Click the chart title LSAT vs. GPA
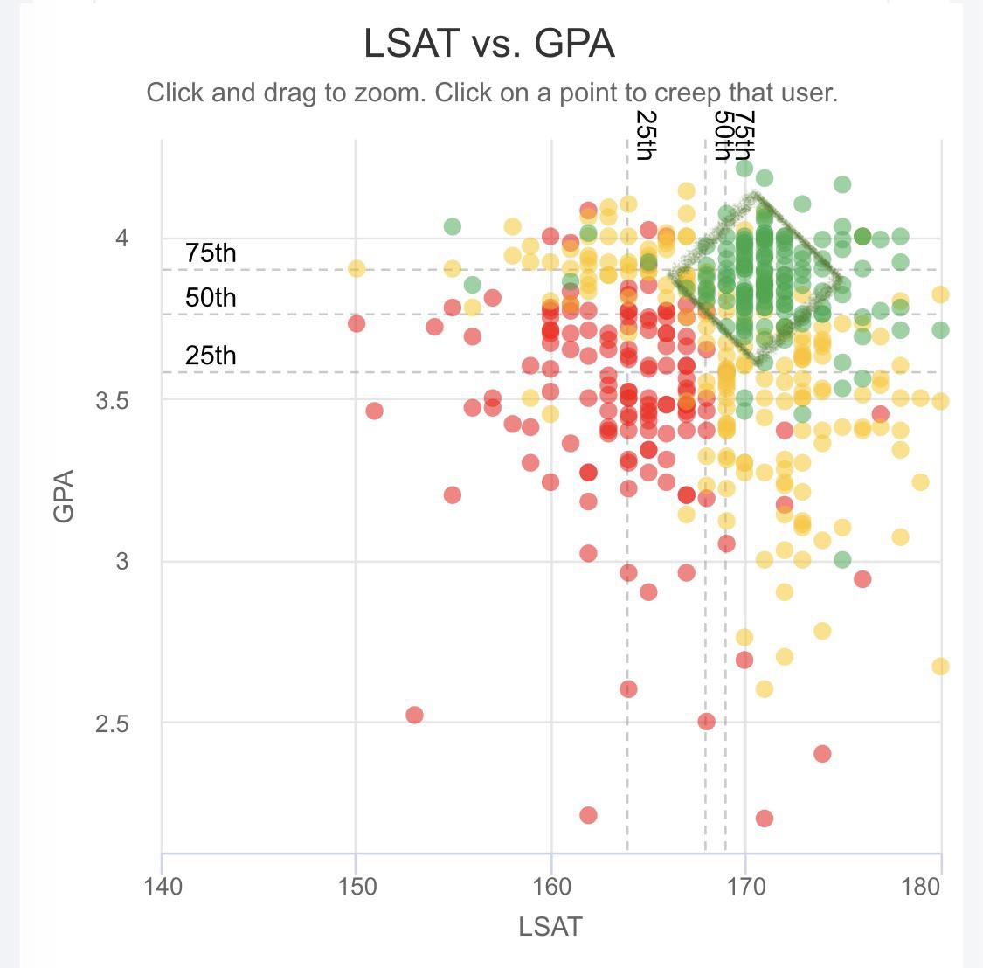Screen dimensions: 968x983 pos(489,44)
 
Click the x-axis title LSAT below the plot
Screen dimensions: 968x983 pos(550,926)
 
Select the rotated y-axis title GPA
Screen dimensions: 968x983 pos(63,495)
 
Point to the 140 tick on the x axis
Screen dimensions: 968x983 pos(163,887)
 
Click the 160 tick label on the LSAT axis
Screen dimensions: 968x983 pos(551,887)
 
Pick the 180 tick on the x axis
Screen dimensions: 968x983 pos(921,887)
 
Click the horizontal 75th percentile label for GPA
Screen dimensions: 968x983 pos(211,253)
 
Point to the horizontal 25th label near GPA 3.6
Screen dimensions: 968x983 pos(211,356)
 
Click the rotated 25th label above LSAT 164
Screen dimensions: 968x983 pos(645,135)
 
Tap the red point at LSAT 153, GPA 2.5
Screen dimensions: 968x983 pos(414,715)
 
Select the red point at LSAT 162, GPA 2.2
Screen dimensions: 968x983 pos(588,815)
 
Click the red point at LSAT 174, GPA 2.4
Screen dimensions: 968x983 pos(822,753)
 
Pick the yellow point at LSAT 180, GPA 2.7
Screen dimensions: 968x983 pos(940,667)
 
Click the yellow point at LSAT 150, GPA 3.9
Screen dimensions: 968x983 pos(356,268)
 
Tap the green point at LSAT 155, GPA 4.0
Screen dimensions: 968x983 pos(452,226)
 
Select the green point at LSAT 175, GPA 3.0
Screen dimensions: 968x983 pos(842,559)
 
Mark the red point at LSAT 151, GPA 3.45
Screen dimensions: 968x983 pos(374,411)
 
